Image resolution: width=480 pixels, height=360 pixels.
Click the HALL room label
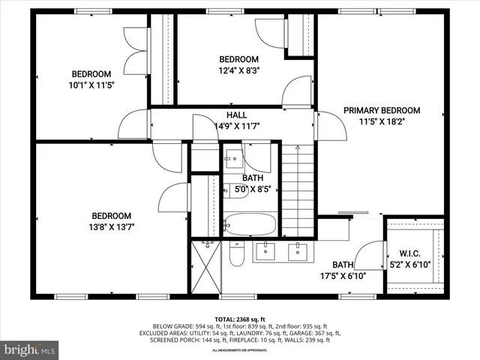(x=237, y=115)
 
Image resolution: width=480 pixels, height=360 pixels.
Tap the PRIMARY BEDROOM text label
(x=382, y=110)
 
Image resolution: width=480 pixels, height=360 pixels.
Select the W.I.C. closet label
(x=409, y=253)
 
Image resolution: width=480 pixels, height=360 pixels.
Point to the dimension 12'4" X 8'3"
(x=238, y=71)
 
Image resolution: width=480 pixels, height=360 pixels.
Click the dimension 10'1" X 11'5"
(x=91, y=85)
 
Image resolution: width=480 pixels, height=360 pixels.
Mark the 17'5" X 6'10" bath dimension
(x=349, y=275)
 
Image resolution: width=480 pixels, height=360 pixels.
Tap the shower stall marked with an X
(x=204, y=267)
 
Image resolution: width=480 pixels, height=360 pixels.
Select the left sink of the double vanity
(x=266, y=252)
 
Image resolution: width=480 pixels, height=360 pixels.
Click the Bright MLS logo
(x=30, y=349)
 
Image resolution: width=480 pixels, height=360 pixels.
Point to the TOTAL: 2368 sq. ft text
(x=239, y=318)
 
